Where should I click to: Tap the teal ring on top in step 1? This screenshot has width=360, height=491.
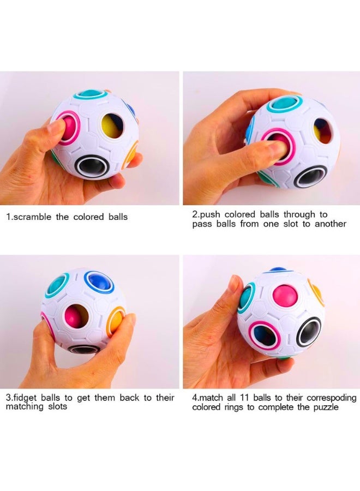point(90,95)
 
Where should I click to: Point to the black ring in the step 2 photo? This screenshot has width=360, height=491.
point(310,176)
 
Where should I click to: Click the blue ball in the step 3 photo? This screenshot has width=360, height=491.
point(99,282)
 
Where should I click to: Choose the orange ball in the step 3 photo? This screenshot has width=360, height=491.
point(116,321)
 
